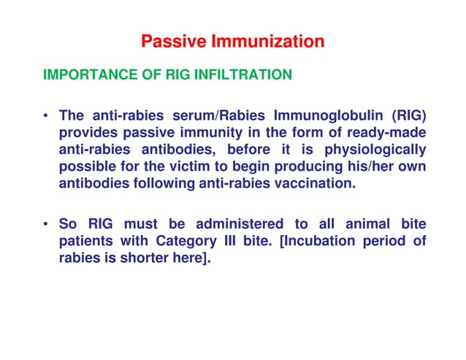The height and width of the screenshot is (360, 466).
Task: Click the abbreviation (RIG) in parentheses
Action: (406, 117)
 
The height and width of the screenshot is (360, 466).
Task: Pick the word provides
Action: (88, 133)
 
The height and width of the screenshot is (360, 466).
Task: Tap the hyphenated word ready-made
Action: (386, 133)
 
